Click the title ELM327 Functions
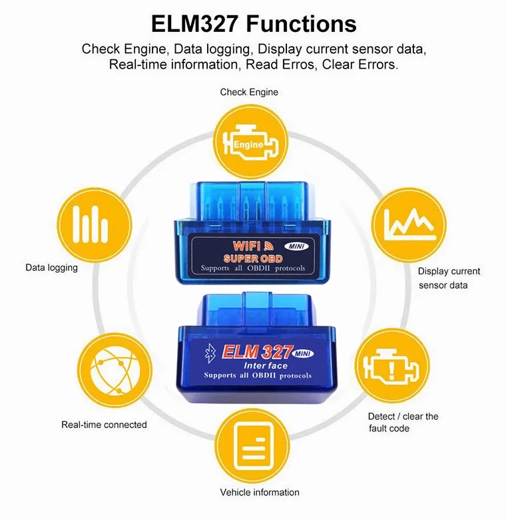(x=254, y=24)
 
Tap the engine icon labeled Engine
(x=250, y=142)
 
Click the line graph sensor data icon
(x=409, y=225)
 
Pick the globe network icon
(x=115, y=370)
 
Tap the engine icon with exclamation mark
(x=392, y=366)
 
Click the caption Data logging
(x=51, y=268)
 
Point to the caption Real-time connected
(x=104, y=425)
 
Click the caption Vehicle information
(x=260, y=492)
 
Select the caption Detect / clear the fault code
(x=403, y=422)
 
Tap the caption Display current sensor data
(x=449, y=278)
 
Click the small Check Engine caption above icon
(x=249, y=92)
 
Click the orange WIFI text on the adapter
(x=247, y=246)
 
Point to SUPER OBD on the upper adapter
(x=253, y=259)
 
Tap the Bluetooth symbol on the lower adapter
(x=210, y=353)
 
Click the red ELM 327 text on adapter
(x=258, y=352)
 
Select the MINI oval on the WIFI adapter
(x=296, y=246)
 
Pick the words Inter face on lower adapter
(x=266, y=366)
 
